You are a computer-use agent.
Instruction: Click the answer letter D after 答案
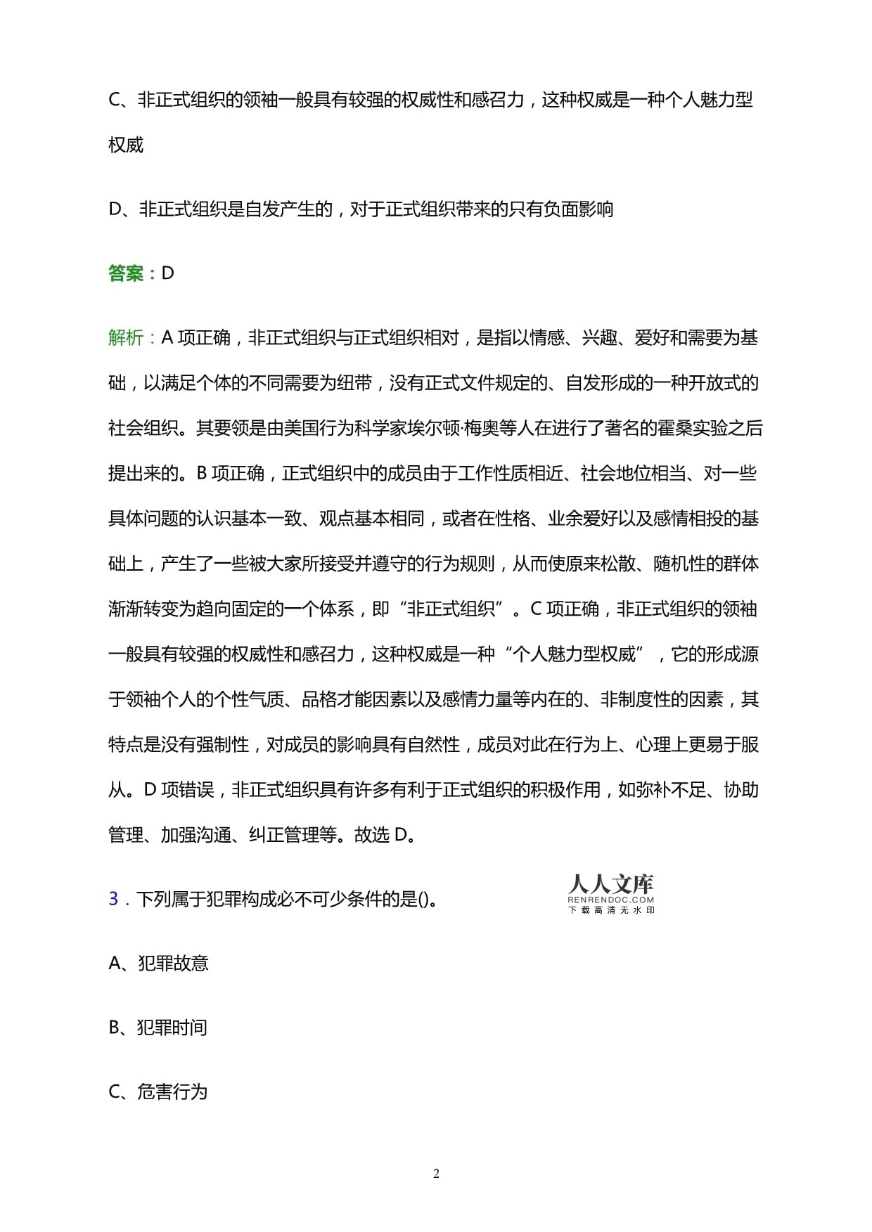[167, 273]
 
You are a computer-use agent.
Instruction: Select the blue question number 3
[114, 899]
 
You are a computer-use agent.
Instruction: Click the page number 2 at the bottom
[436, 1173]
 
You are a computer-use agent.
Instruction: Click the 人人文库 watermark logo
[610, 884]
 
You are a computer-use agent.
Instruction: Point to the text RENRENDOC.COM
[610, 900]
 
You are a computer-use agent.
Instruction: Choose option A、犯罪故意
[159, 964]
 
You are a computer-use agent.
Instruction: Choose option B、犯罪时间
[158, 1027]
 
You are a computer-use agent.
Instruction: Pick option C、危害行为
[158, 1092]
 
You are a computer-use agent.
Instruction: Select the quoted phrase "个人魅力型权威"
[574, 654]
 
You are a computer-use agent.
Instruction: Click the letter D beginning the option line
[116, 209]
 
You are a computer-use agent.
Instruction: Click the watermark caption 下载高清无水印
[610, 910]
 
